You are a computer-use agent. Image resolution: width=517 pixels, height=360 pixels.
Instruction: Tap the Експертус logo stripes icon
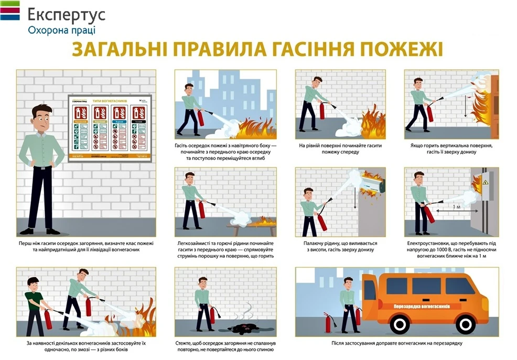pyautogui.click(x=10, y=10)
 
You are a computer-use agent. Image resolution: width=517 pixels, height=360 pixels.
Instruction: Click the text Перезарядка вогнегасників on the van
pyautogui.click(x=424, y=305)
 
